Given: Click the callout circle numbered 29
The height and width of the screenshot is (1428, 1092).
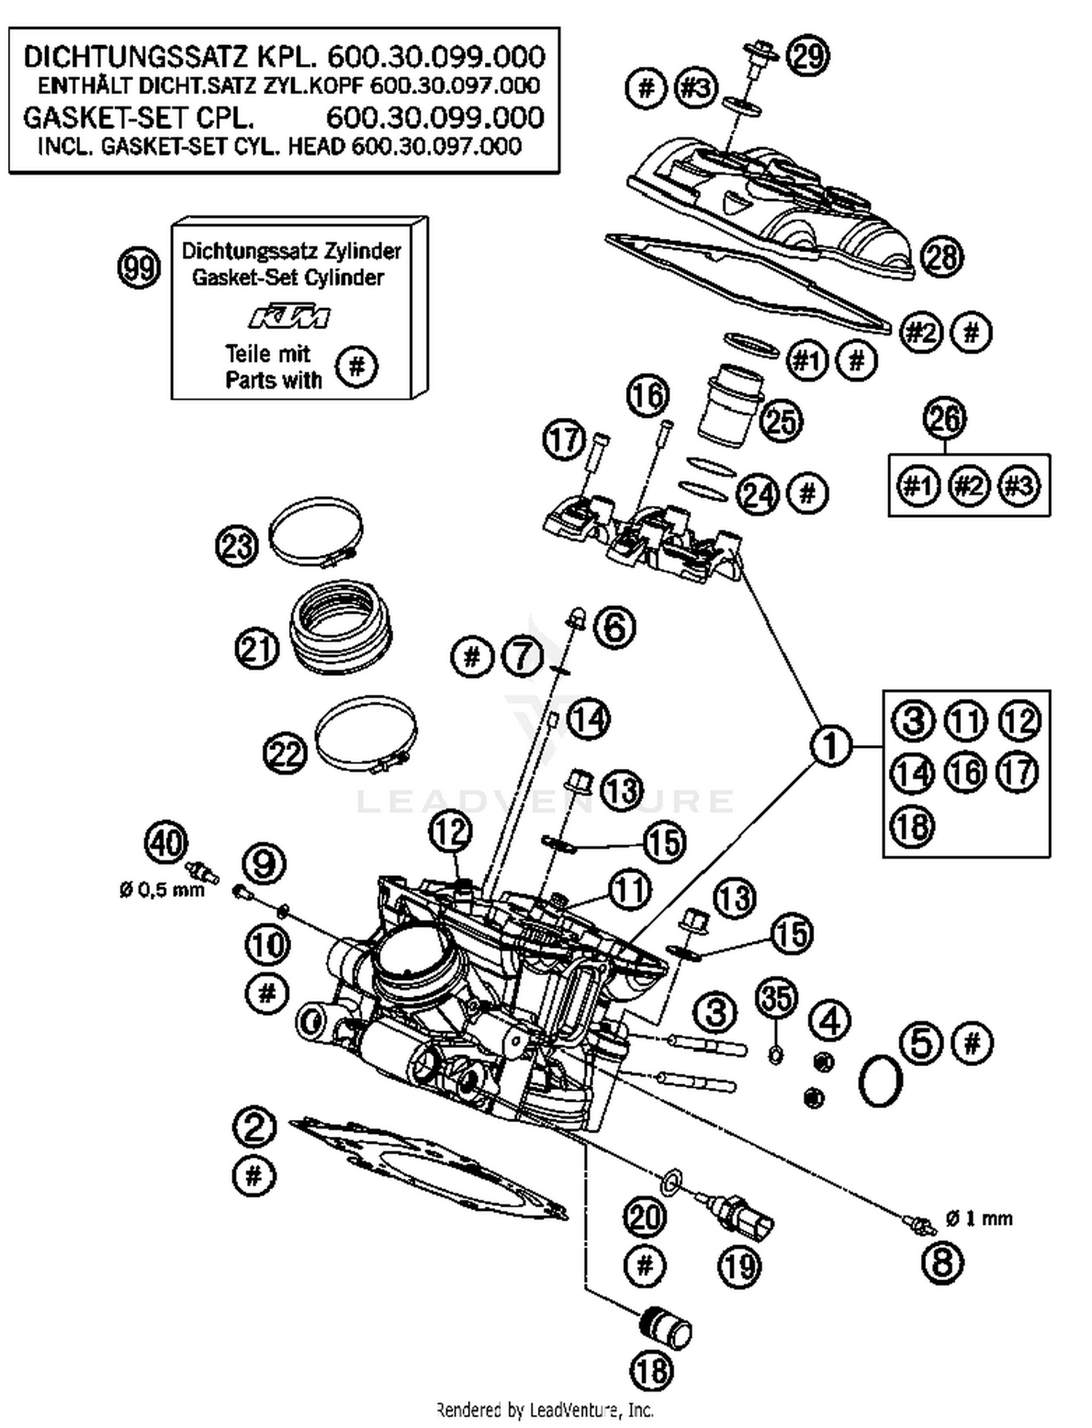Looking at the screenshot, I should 808,55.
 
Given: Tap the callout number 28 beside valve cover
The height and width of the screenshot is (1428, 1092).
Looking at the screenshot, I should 942,257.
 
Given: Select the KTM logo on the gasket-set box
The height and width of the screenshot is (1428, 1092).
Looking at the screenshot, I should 289,317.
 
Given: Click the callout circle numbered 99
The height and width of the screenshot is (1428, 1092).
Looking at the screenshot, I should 138,269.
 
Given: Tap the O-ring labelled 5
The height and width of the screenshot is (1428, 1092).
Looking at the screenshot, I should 881,1082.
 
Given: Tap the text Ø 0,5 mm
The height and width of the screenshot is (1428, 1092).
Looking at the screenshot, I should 162,889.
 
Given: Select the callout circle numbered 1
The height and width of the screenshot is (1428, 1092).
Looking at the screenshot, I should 831,746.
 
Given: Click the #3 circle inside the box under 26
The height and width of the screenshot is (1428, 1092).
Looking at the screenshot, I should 1018,485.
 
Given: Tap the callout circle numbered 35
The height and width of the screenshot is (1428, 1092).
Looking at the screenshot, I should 776,998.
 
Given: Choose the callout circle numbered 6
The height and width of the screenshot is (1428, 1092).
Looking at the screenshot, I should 615,627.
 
